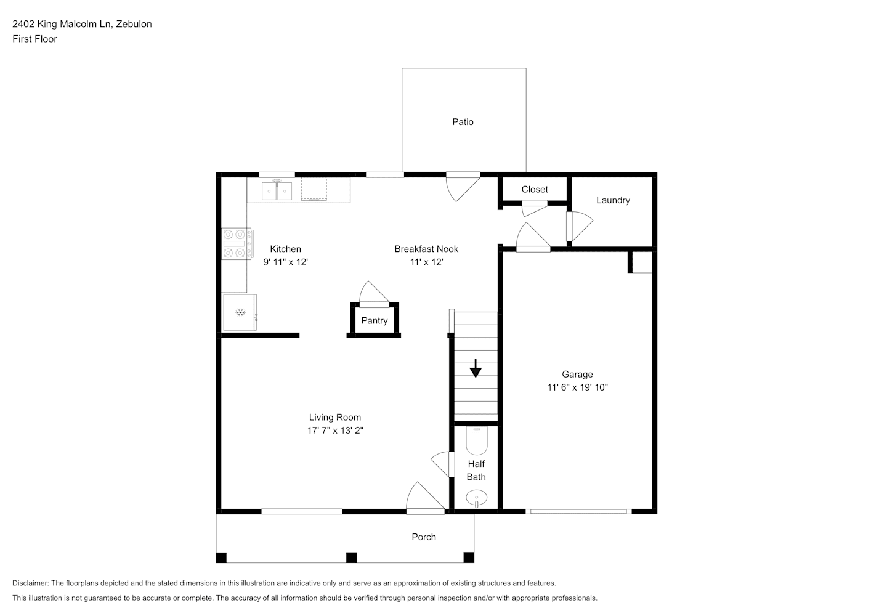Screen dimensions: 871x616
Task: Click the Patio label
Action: [463, 122]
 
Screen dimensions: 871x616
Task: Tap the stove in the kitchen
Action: [237, 244]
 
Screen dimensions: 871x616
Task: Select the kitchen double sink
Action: [277, 190]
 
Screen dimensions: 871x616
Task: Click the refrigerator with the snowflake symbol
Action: [240, 312]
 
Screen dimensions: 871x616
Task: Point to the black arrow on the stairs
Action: [476, 368]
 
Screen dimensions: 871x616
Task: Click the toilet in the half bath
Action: [477, 441]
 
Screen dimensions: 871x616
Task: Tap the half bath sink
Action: [477, 498]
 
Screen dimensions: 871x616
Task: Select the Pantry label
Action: [375, 320]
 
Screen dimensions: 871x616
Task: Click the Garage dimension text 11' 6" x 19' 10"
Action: [577, 387]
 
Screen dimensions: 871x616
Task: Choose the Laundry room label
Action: [613, 200]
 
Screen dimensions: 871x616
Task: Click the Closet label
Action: [535, 189]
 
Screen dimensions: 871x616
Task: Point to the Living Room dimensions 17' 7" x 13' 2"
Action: [335, 431]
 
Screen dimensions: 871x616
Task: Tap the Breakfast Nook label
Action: [426, 249]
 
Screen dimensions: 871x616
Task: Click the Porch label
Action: [424, 537]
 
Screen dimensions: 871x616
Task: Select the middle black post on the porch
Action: [352, 557]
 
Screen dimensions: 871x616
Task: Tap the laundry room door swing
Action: [580, 226]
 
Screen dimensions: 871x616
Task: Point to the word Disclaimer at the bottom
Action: [30, 583]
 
